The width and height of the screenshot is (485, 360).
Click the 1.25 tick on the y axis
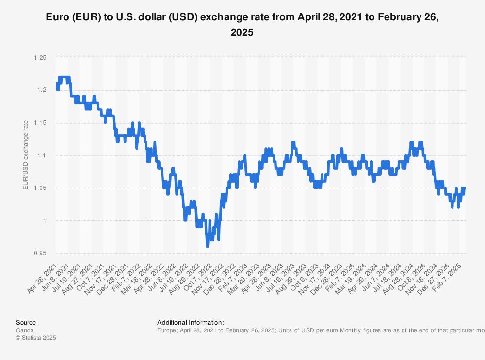point(40,58)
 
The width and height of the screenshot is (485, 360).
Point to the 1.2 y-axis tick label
point(42,90)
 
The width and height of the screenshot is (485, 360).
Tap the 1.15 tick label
point(40,123)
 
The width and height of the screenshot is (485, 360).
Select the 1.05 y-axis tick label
point(40,188)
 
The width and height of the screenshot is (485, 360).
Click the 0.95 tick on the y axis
point(40,253)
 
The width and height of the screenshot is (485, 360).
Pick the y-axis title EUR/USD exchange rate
point(26,156)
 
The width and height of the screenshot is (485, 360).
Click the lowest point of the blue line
point(208,246)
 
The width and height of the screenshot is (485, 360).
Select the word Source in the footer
point(26,322)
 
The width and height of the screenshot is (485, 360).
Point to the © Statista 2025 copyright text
point(36,338)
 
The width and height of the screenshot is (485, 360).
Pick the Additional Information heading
point(190,322)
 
